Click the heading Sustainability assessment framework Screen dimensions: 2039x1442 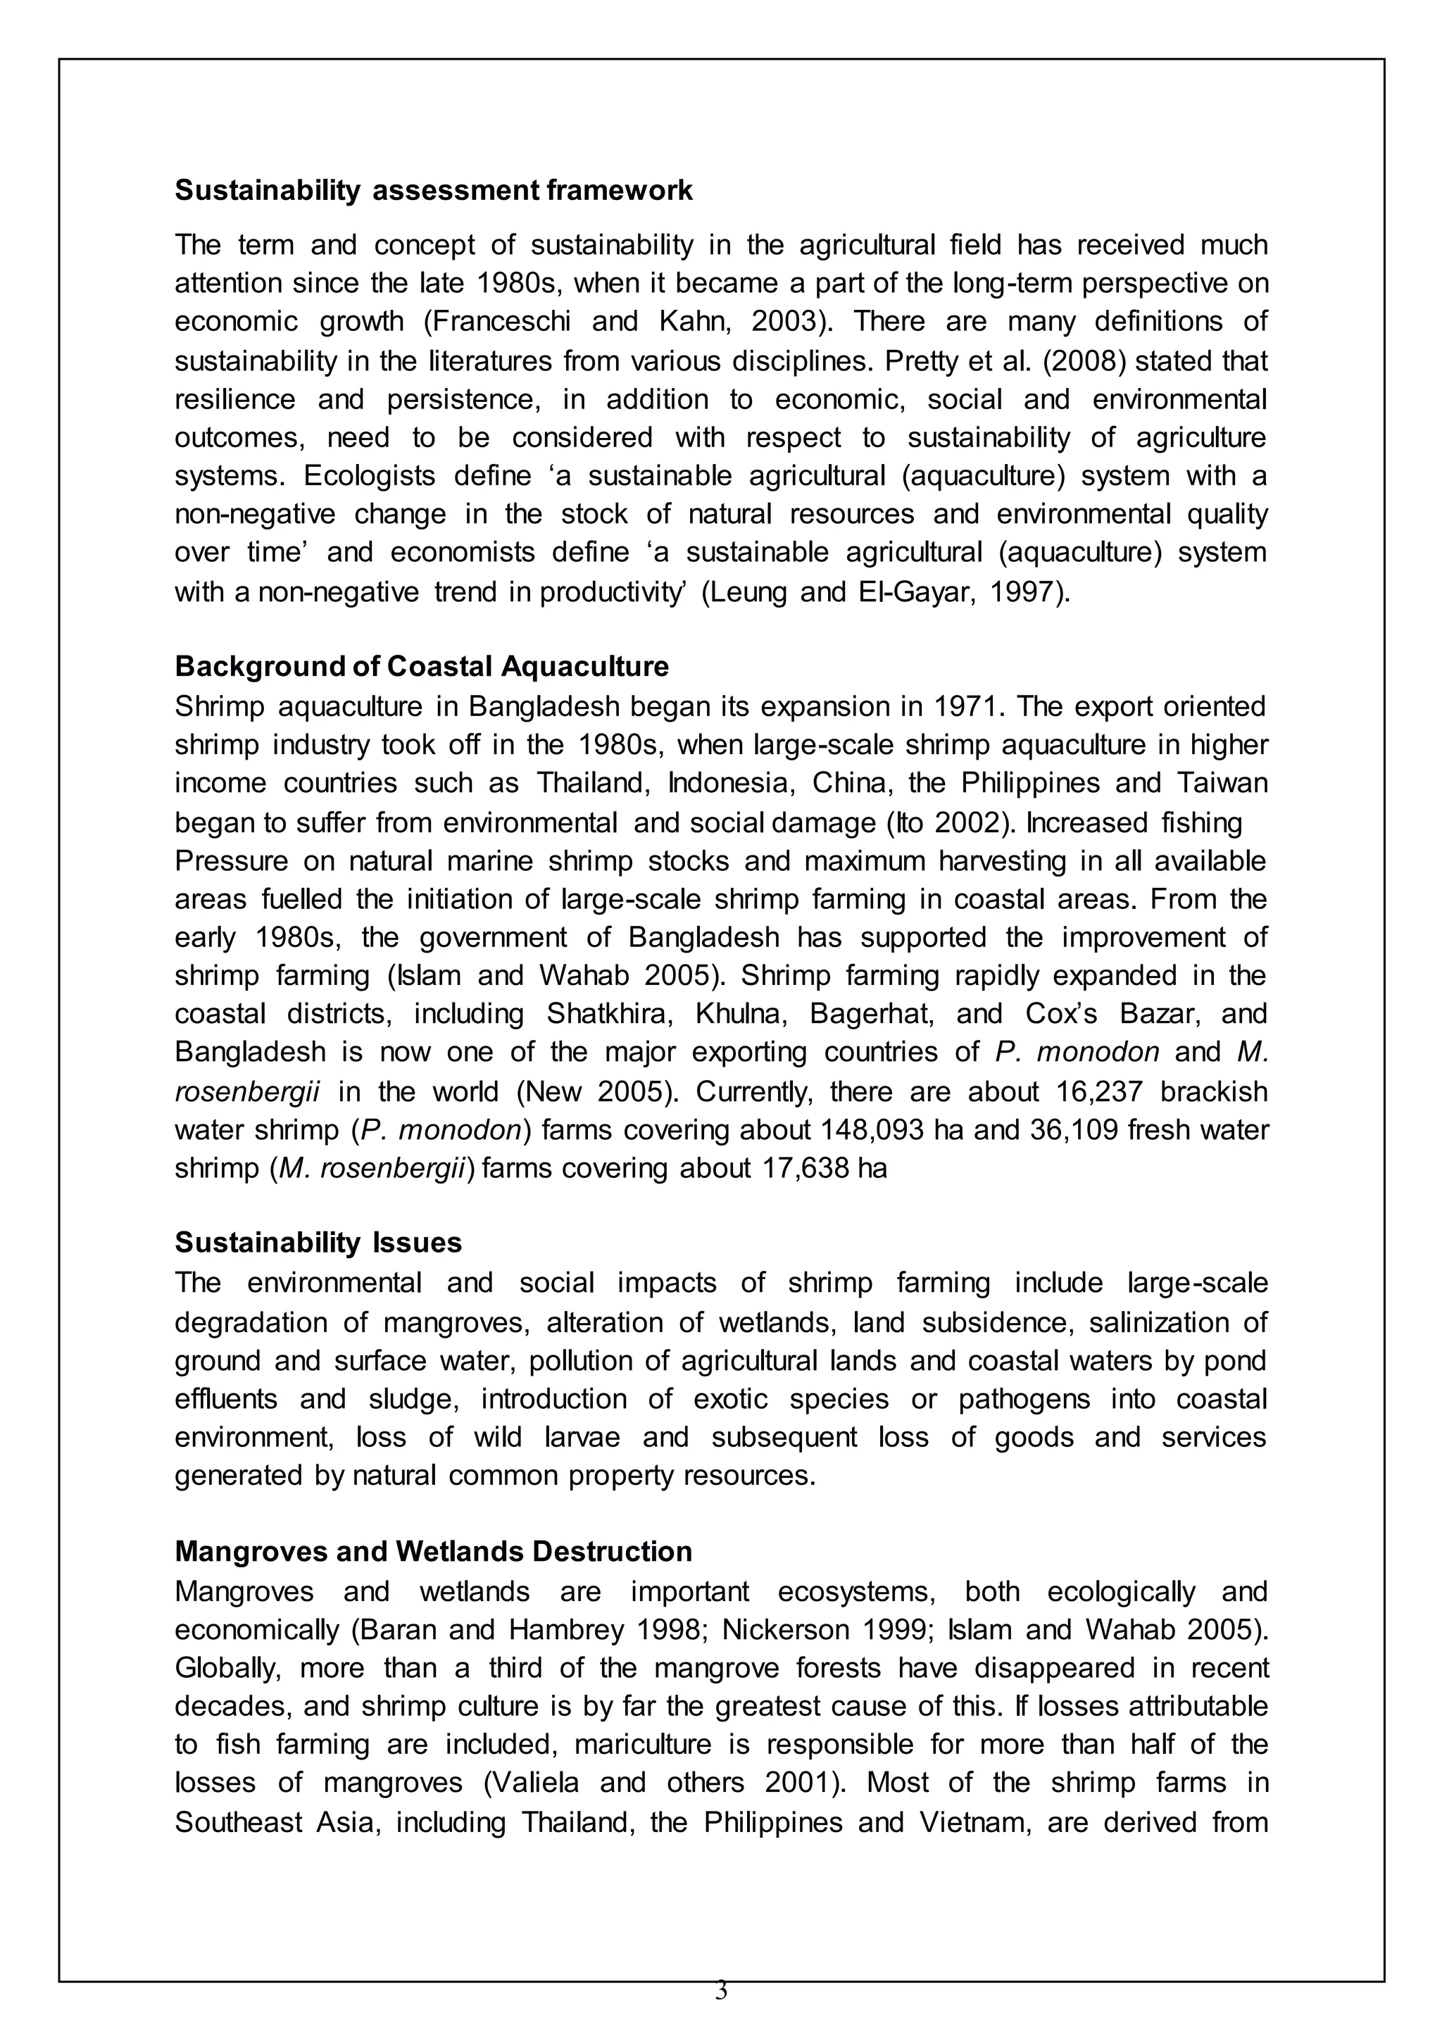pos(433,190)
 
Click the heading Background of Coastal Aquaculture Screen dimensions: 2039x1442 pos(422,665)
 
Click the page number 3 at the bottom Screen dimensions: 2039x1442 pos(721,1990)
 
